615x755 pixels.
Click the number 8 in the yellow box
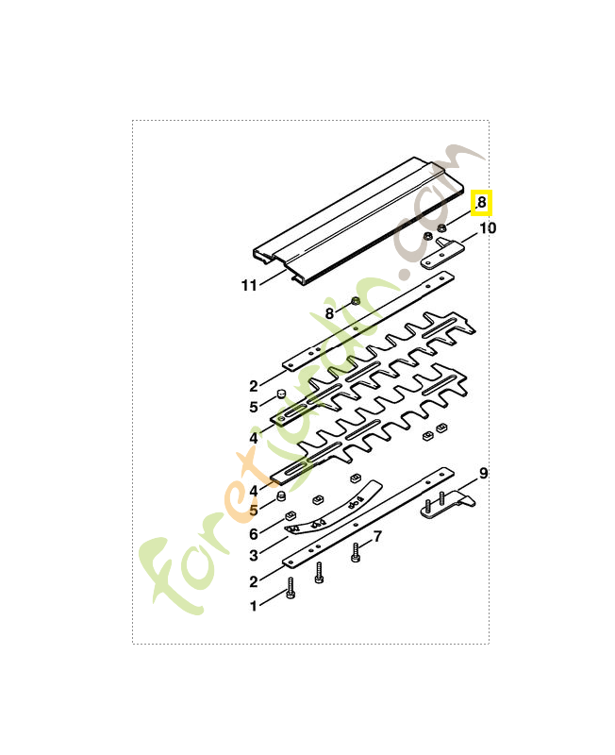tap(481, 202)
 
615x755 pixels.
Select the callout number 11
tap(248, 285)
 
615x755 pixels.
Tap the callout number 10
tap(487, 228)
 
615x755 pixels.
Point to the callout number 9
tap(483, 473)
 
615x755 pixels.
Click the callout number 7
tap(377, 537)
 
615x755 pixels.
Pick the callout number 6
tap(254, 534)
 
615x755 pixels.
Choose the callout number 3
tap(254, 558)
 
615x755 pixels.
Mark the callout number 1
tap(253, 606)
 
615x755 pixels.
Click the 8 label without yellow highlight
tap(329, 312)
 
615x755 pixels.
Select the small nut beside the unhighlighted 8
tap(356, 301)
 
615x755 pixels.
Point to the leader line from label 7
tap(367, 543)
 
